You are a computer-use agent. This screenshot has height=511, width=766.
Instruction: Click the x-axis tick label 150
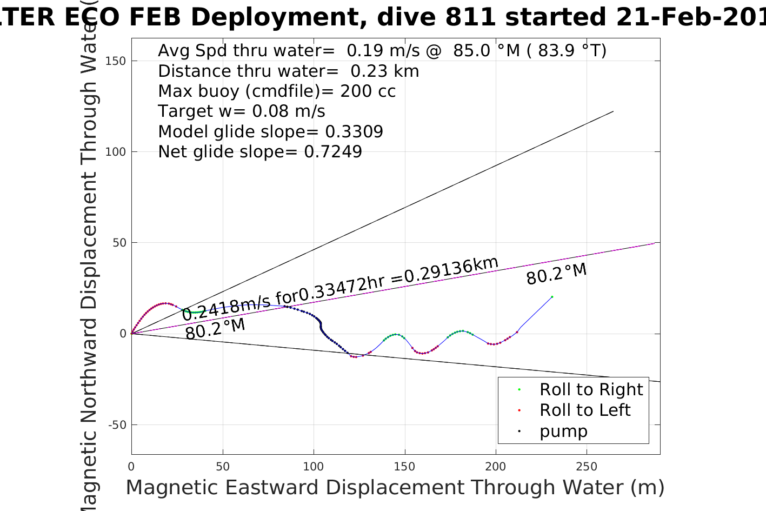click(404, 467)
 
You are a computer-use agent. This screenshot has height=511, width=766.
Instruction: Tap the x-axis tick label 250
click(587, 467)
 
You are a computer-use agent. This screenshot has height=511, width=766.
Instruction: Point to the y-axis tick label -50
click(117, 425)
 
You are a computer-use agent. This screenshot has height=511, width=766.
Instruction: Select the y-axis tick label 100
click(116, 152)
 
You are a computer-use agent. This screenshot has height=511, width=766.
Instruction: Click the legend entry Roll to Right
click(591, 389)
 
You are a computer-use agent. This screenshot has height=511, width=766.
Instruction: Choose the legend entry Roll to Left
click(585, 410)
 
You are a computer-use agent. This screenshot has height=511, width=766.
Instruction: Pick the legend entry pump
click(563, 432)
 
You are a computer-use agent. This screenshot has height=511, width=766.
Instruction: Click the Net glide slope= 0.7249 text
click(260, 152)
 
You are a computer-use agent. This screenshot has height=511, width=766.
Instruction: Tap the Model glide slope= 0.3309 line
click(270, 132)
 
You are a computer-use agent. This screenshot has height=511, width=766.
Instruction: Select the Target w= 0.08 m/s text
click(242, 111)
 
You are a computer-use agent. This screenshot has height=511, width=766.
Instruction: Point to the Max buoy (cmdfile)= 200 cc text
click(277, 91)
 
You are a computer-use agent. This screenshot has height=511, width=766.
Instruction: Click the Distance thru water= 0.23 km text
click(288, 71)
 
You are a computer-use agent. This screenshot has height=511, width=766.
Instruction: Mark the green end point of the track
click(552, 297)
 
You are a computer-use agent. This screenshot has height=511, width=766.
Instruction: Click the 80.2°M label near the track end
click(556, 274)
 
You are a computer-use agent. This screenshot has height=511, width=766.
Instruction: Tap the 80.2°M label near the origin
click(215, 329)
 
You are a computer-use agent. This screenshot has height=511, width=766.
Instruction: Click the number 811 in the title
click(470, 17)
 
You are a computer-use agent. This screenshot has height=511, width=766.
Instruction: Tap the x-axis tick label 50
click(222, 467)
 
